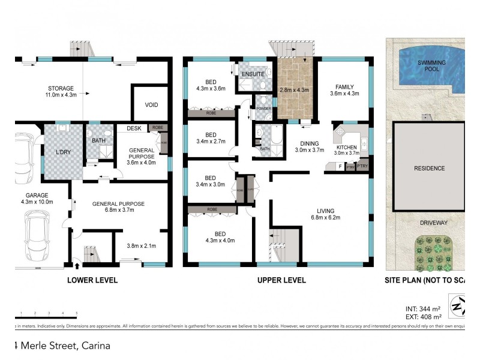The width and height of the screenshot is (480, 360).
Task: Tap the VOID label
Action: tap(151, 105)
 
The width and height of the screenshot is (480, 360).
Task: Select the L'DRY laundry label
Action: tap(63, 152)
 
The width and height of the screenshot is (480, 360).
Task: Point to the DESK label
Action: tap(134, 128)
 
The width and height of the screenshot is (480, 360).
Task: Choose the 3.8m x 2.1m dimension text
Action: tap(142, 245)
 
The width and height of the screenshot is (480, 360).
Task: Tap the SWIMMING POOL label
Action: tap(428, 65)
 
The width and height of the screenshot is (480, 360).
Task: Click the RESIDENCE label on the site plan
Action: tap(430, 168)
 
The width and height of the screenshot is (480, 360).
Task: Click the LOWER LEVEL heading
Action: tap(92, 280)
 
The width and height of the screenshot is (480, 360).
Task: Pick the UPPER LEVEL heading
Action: tap(281, 280)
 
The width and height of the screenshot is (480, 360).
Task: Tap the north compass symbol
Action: tap(457, 307)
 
